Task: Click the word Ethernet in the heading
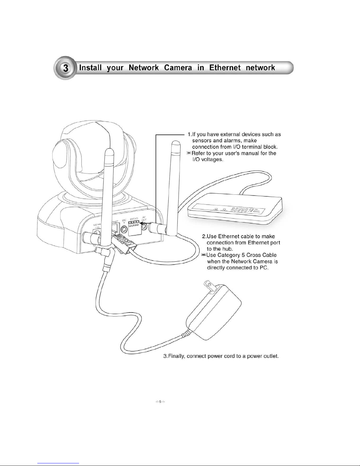click(x=224, y=68)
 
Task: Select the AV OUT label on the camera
click(x=144, y=218)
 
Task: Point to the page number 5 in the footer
click(x=160, y=402)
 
